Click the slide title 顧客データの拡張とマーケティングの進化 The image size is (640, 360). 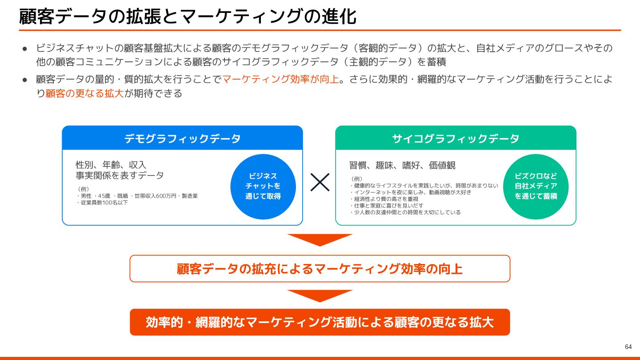(x=188, y=16)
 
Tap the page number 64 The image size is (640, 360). (x=628, y=347)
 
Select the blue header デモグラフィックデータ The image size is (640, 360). (x=182, y=138)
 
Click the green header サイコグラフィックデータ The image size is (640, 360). (x=456, y=138)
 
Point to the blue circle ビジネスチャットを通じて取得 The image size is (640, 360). (x=263, y=186)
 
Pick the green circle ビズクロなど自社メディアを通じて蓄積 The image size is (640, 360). (x=536, y=186)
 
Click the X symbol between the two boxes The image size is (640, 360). (x=320, y=182)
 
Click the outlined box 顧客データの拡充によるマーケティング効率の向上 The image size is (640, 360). (x=320, y=269)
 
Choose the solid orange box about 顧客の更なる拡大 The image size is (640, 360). (x=320, y=322)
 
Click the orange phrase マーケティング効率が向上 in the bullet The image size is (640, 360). (x=280, y=80)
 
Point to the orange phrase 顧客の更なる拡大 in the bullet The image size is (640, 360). (x=84, y=94)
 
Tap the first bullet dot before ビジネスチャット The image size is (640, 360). (x=25, y=48)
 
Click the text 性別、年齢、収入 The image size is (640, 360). (x=111, y=165)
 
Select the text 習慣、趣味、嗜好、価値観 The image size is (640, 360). (x=402, y=165)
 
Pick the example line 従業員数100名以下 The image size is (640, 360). (x=103, y=203)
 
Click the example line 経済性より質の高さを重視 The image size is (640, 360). (x=385, y=199)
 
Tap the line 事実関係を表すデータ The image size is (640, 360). (x=120, y=176)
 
